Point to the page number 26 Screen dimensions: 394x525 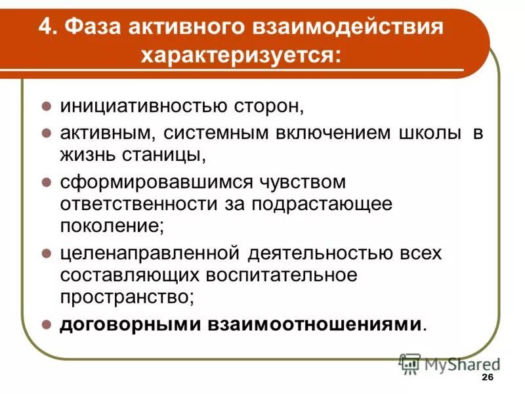[x=488, y=377]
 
